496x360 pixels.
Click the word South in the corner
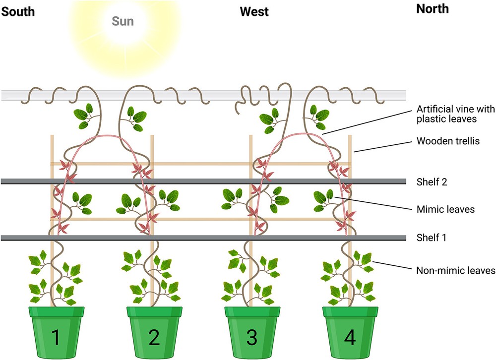(x=18, y=10)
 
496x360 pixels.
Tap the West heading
(x=254, y=11)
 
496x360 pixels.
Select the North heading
(x=432, y=9)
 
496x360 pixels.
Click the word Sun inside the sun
(x=122, y=21)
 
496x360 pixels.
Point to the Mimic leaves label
(x=445, y=209)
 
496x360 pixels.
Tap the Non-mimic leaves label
(x=454, y=270)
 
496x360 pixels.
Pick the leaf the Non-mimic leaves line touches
(x=366, y=259)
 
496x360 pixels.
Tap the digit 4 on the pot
(x=350, y=338)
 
